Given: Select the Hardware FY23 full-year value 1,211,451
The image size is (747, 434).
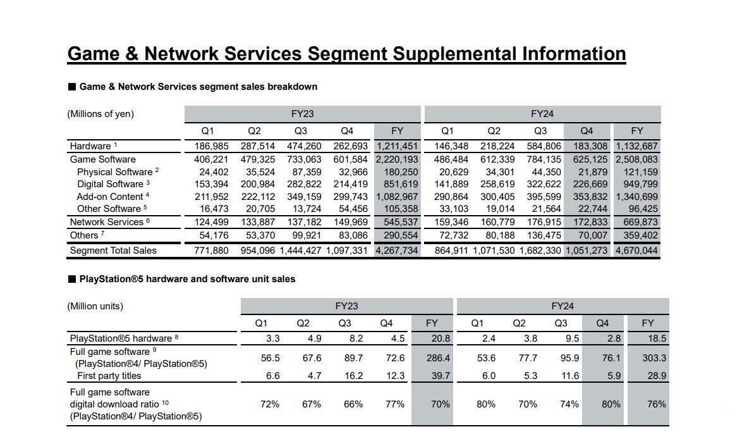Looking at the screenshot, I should pos(397,146).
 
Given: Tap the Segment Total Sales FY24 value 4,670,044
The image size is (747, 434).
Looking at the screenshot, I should pos(637,251).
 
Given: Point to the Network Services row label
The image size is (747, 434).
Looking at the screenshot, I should pos(106,222).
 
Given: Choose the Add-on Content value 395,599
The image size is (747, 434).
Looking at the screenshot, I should pos(540,197).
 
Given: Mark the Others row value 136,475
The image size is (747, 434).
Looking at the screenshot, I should pos(540,235).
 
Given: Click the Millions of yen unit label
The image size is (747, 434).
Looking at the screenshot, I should pos(100,114).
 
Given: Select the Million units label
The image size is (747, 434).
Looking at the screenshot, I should pos(95,306).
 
